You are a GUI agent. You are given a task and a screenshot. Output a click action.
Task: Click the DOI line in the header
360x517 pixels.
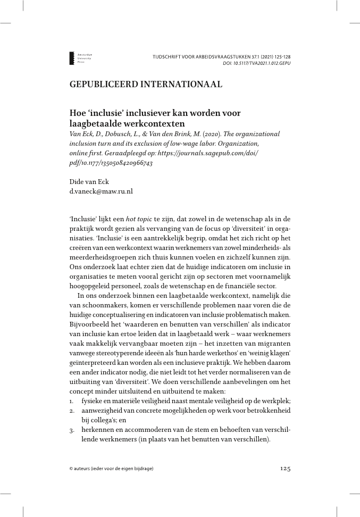(x=256, y=63)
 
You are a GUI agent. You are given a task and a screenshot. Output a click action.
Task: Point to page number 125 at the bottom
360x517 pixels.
(x=285, y=468)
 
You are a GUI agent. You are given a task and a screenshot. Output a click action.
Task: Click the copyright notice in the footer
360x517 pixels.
(x=111, y=469)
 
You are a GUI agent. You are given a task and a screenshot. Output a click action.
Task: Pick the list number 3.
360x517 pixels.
(x=72, y=430)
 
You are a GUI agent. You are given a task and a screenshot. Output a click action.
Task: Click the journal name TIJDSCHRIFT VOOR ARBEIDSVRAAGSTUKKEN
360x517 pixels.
(x=198, y=56)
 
